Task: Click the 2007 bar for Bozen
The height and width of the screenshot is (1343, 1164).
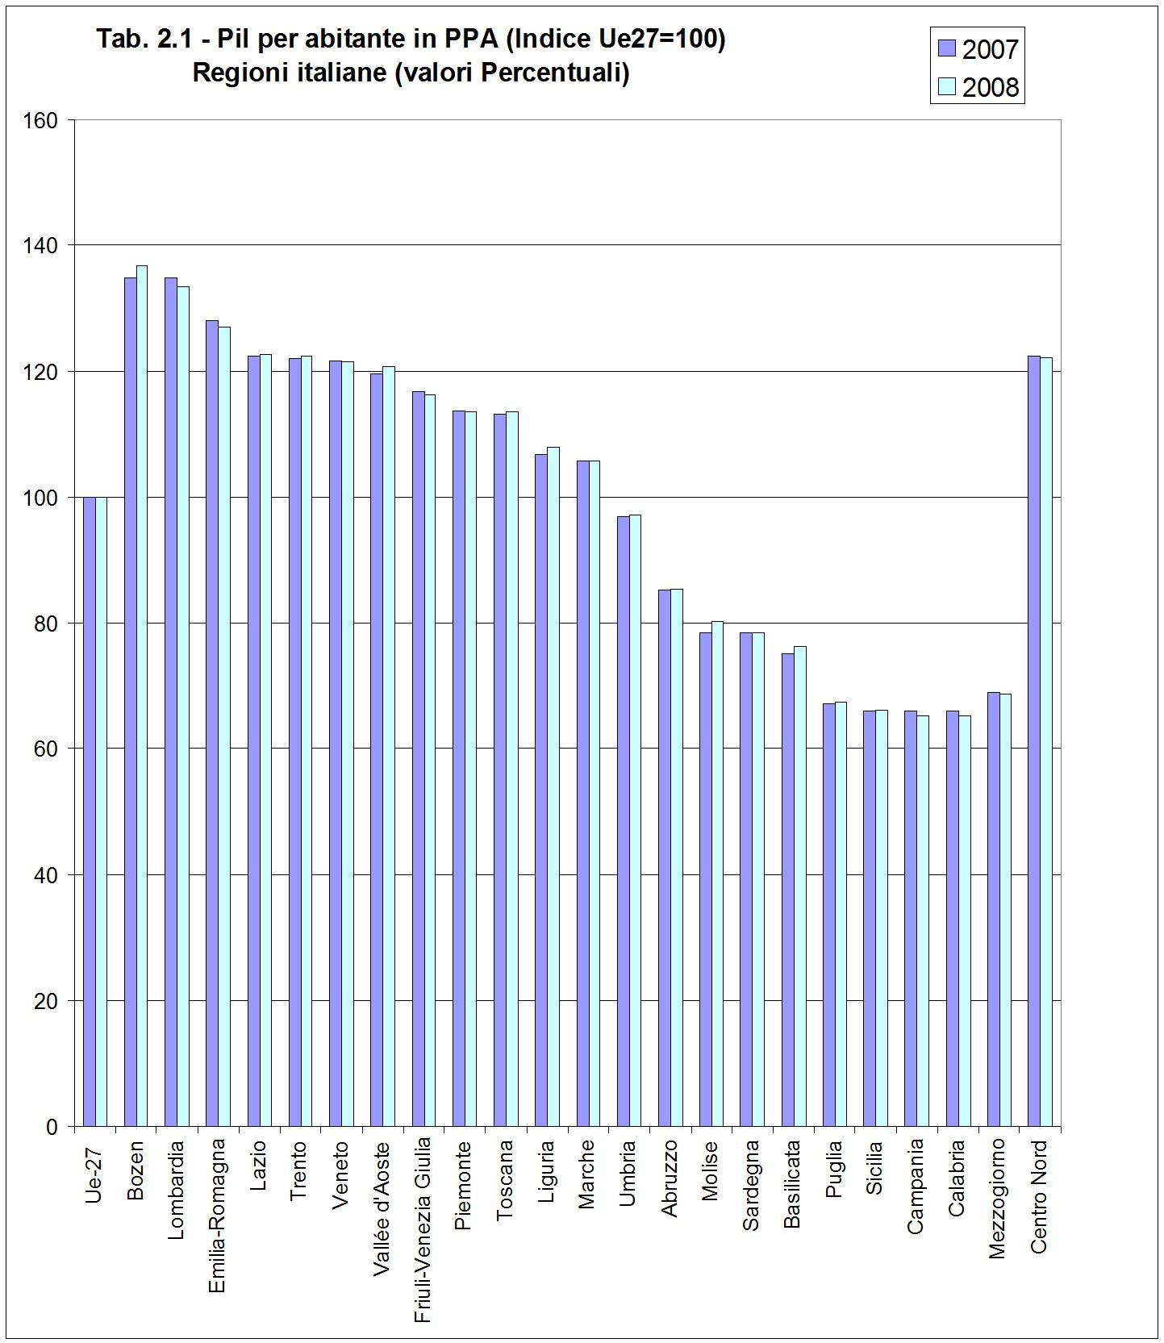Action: tap(130, 702)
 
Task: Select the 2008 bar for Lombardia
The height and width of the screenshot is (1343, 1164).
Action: tap(183, 707)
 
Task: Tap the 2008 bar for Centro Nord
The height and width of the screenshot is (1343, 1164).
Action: tap(1046, 742)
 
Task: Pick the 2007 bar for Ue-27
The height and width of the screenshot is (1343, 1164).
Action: tap(89, 812)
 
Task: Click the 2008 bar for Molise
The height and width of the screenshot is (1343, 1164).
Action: tap(717, 874)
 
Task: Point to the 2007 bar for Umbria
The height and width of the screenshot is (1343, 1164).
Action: tap(623, 821)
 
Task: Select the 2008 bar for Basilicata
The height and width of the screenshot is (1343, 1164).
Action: tap(799, 886)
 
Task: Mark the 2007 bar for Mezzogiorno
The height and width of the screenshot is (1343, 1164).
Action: tap(994, 909)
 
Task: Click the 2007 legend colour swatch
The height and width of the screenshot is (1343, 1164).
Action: tap(947, 48)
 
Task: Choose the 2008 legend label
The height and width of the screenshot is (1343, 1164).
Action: tap(991, 87)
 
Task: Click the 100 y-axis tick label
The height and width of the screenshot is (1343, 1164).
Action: tap(40, 498)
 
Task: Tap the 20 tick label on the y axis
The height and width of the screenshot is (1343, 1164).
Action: tap(46, 1001)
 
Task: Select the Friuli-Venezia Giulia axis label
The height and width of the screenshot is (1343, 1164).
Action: tap(422, 1231)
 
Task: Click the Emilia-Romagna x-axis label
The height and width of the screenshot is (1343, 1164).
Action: tap(216, 1216)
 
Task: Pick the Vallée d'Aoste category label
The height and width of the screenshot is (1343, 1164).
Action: tap(382, 1207)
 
